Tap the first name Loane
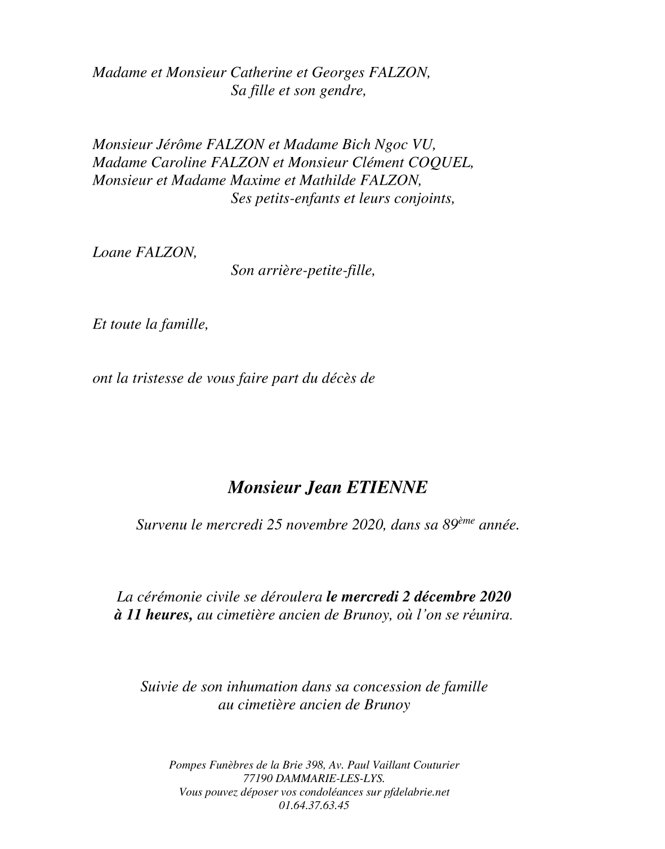click(111, 253)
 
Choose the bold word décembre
click(445, 596)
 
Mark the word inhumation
click(263, 686)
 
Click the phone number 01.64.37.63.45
click(314, 805)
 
